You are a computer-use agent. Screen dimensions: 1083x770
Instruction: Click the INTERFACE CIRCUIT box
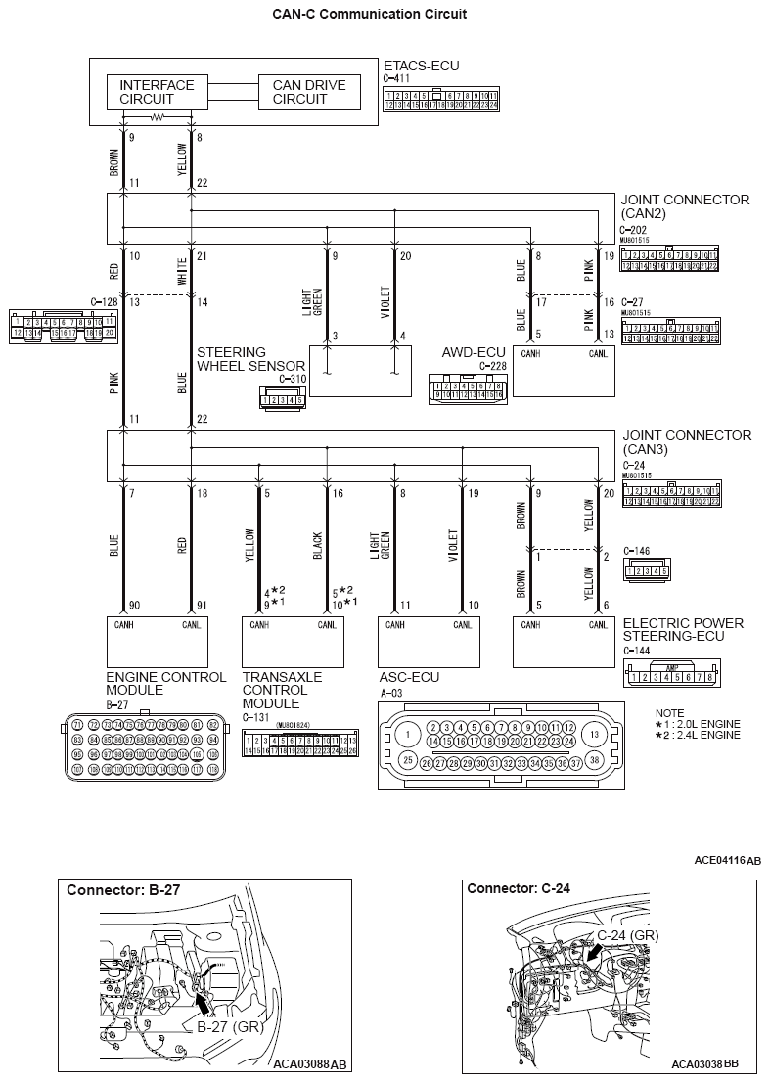(x=157, y=92)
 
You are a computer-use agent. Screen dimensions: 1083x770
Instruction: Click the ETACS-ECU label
(x=421, y=66)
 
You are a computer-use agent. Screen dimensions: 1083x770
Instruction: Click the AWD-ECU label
(x=469, y=352)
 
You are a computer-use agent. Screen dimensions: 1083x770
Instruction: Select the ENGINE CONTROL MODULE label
(x=165, y=683)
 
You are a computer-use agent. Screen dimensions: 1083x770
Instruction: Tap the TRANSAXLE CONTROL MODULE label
(x=282, y=690)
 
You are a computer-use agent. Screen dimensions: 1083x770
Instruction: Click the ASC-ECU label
(x=409, y=676)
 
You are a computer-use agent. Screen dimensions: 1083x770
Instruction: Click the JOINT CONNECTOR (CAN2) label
(x=685, y=206)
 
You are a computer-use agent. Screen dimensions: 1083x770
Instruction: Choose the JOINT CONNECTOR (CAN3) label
(x=685, y=442)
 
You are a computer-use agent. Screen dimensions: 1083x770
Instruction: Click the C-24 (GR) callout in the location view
(x=627, y=935)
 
